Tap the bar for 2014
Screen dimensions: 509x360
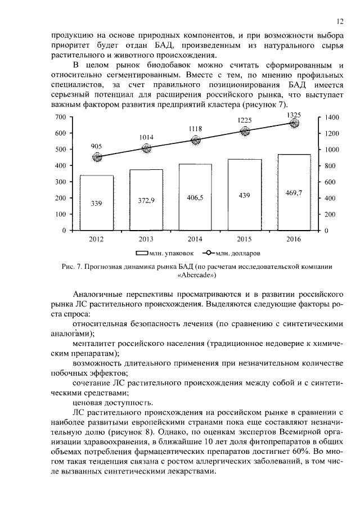pos(195,197)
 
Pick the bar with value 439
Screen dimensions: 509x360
pos(245,195)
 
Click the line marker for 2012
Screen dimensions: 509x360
pos(97,157)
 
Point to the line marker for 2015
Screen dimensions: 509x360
pos(245,132)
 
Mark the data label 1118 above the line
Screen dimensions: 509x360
pos(195,129)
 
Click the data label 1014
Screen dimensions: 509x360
pos(146,137)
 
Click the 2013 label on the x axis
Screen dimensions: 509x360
pos(146,239)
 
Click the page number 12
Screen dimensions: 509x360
pos(340,21)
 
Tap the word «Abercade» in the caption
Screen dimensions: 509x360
pos(196,276)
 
